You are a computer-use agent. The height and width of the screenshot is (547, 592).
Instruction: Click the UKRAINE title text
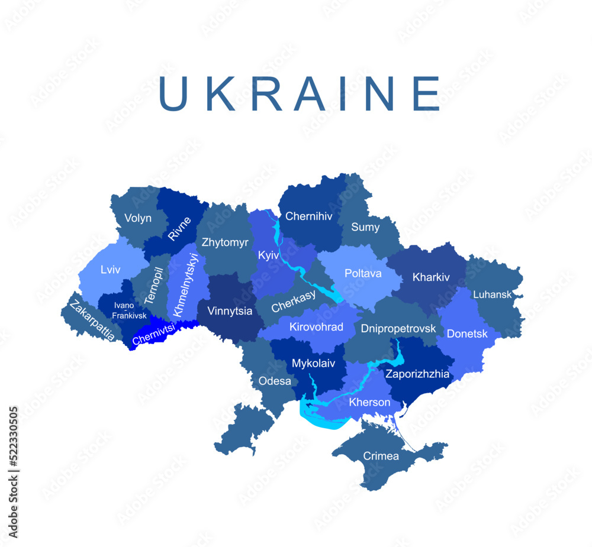click(300, 94)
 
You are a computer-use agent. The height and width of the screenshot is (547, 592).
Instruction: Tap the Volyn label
click(137, 218)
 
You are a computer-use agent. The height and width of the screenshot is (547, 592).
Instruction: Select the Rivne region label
click(179, 229)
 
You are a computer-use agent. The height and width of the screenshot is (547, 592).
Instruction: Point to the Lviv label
click(111, 270)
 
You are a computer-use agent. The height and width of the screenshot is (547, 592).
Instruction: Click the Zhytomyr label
click(225, 242)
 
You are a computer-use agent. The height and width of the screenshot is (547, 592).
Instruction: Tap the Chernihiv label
click(308, 216)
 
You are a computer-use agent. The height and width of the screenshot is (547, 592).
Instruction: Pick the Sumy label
click(365, 227)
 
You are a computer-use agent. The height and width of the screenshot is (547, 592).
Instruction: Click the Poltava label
click(363, 274)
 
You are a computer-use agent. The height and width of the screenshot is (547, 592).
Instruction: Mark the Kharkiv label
click(431, 277)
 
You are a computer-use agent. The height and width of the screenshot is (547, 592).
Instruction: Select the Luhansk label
click(492, 294)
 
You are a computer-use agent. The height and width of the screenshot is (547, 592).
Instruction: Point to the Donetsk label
click(467, 334)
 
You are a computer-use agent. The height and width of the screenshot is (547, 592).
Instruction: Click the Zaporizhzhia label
click(417, 374)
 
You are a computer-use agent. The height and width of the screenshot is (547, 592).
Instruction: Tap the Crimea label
click(381, 456)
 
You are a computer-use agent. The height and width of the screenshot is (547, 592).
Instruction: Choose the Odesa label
click(275, 381)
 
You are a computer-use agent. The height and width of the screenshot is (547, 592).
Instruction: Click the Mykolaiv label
click(314, 364)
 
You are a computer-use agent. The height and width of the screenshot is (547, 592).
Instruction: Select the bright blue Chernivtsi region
click(155, 332)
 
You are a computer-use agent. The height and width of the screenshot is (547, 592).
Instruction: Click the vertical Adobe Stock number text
click(13, 472)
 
